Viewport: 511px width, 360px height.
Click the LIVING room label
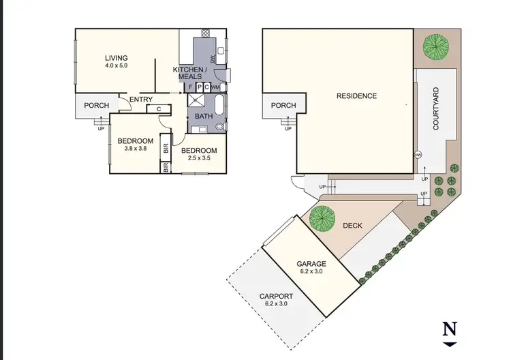tap(117, 57)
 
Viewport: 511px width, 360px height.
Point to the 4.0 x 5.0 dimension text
tap(117, 65)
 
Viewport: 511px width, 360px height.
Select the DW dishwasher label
tap(213, 60)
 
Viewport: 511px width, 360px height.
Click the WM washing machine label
tap(215, 87)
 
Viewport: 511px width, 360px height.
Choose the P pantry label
tap(198, 87)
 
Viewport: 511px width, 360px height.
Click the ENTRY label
tap(141, 100)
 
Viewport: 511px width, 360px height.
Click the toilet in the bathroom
tap(219, 127)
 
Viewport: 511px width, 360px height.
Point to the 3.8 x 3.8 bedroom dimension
tap(135, 149)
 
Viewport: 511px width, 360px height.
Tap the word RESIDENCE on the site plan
tap(356, 96)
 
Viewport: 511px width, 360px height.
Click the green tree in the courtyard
tap(436, 46)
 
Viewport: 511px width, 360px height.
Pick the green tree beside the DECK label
tap(322, 218)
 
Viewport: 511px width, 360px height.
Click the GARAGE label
tap(311, 264)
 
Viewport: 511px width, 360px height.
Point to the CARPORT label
tap(276, 296)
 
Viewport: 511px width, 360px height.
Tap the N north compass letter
tap(449, 329)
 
